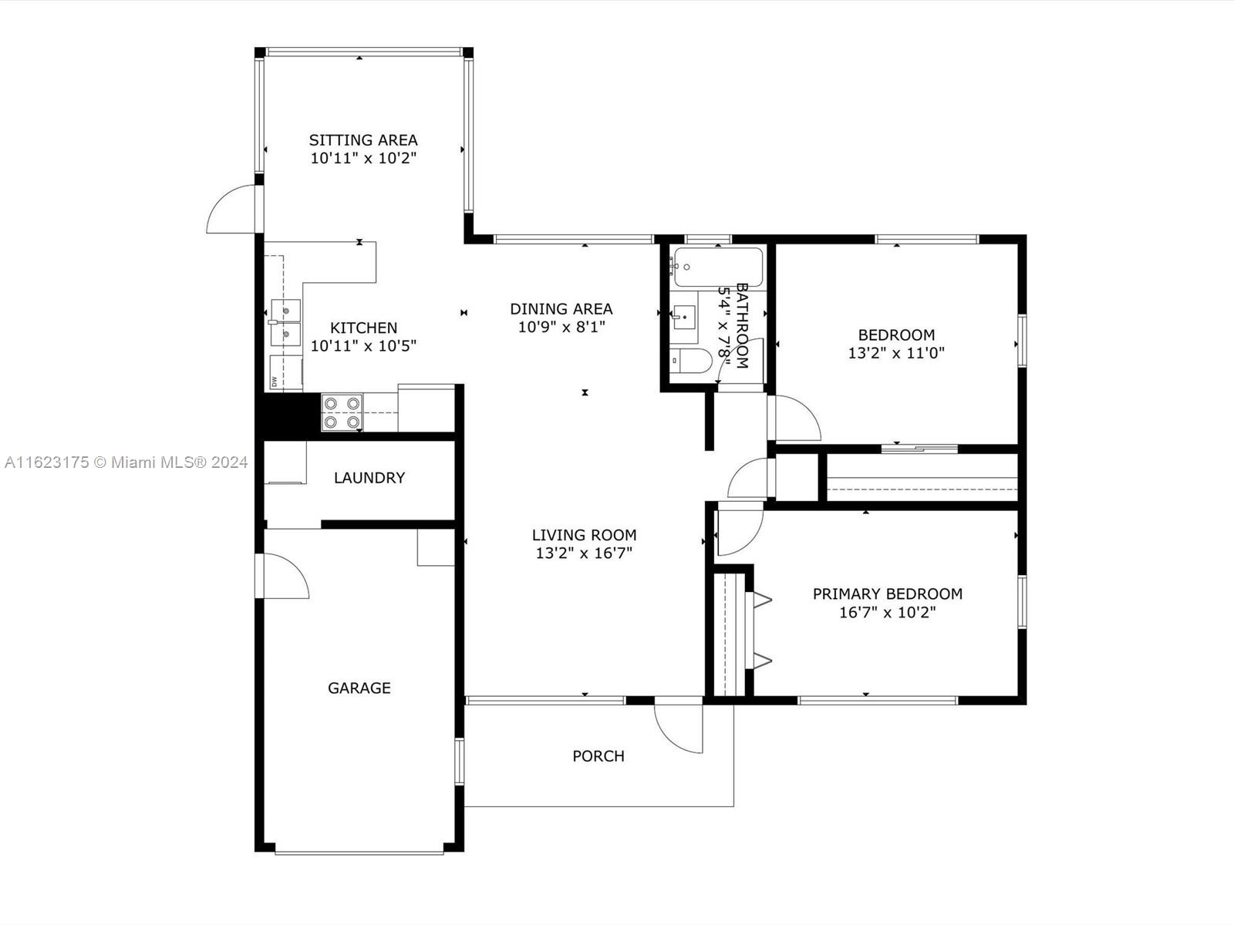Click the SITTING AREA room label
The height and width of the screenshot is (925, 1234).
pyautogui.click(x=363, y=140)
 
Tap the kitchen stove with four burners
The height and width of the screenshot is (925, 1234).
pyautogui.click(x=342, y=412)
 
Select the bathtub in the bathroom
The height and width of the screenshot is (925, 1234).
pyautogui.click(x=718, y=267)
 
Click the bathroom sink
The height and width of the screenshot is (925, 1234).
pyautogui.click(x=684, y=318)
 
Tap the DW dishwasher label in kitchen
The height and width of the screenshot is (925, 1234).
pyautogui.click(x=275, y=382)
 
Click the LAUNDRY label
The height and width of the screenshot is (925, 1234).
pyautogui.click(x=369, y=478)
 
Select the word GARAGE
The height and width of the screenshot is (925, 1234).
pyautogui.click(x=359, y=688)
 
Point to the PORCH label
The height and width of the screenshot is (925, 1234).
pyautogui.click(x=598, y=756)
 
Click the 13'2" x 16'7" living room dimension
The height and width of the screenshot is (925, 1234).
pyautogui.click(x=584, y=553)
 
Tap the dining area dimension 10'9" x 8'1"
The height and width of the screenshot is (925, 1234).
pyautogui.click(x=561, y=327)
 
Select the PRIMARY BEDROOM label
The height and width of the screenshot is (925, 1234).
pyautogui.click(x=888, y=594)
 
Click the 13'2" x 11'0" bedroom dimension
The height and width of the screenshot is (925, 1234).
pyautogui.click(x=896, y=353)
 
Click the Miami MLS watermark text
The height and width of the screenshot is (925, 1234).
pyautogui.click(x=126, y=462)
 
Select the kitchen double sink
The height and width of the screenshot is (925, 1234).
pyautogui.click(x=285, y=322)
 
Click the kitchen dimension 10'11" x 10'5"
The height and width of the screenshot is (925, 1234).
pyautogui.click(x=363, y=346)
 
